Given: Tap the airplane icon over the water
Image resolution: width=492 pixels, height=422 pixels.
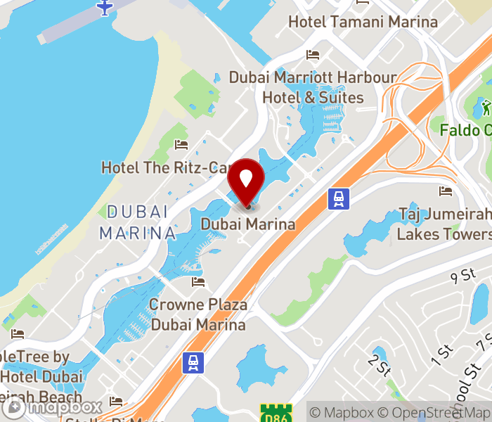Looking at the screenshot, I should coord(105,8).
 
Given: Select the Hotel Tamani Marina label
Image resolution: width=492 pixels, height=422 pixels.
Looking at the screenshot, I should coord(363,22).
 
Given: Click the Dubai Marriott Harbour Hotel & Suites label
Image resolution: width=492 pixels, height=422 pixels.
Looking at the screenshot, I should coord(313,87).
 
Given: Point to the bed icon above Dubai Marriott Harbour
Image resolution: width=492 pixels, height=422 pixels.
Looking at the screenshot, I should coord(313,55).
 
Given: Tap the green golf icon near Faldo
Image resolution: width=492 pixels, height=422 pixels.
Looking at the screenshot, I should coord(486,108).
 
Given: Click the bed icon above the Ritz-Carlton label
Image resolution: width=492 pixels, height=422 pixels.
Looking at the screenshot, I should coord(181,145).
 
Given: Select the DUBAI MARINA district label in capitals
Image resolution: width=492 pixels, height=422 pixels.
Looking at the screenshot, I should coord(138,222).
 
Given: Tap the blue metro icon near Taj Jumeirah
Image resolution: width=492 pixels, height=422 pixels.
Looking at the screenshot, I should coord(339,199).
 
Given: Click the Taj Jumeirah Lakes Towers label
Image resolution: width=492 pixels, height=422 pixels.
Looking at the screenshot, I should coord(445,224).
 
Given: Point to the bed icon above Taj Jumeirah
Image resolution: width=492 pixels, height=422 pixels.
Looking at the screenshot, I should coord(445,191).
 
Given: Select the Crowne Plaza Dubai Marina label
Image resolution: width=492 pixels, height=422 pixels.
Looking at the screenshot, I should coord(199,314).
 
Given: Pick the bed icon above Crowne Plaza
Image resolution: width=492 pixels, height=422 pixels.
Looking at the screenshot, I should coord(198,282).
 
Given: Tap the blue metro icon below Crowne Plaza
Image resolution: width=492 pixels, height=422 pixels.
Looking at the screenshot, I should coord(192,363).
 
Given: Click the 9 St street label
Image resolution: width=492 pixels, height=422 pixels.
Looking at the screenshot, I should coord(463,276).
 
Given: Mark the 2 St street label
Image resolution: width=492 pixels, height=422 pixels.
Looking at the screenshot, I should coord(378,365).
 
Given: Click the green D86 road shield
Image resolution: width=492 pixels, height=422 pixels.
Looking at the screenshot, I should coord(275,413).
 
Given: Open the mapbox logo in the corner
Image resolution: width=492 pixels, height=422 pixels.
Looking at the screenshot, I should coord(52,407).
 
